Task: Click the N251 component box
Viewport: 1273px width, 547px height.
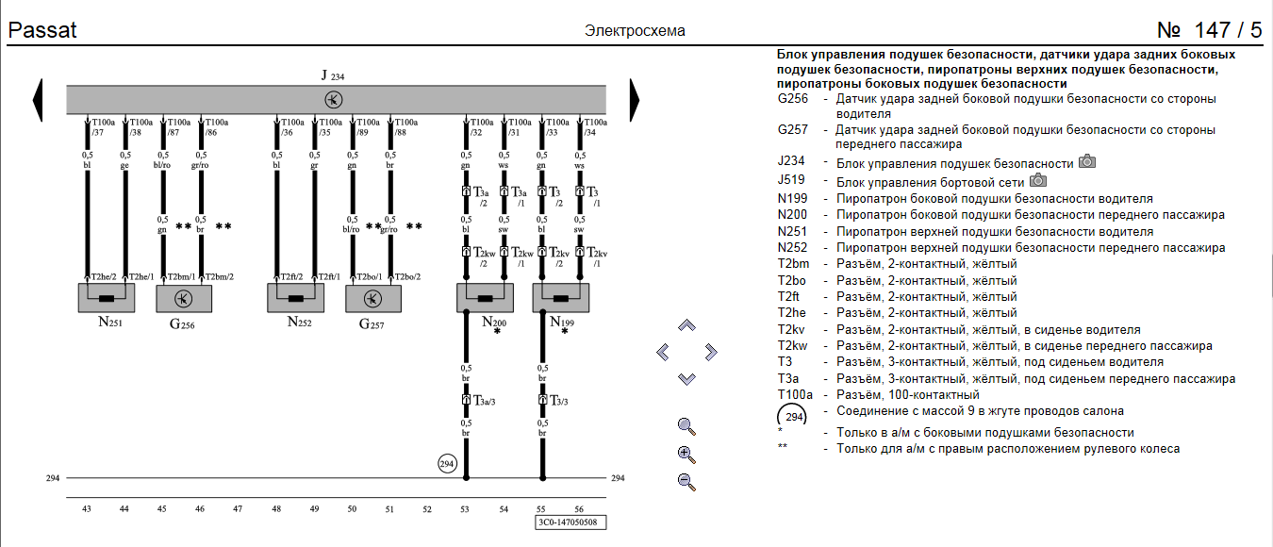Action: (106, 298)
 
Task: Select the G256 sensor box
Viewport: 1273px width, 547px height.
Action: (184, 298)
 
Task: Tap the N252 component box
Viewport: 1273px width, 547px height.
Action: (296, 298)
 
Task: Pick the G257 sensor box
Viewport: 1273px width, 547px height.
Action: (373, 298)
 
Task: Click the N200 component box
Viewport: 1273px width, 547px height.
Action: (485, 298)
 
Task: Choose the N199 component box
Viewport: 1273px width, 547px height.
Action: (561, 298)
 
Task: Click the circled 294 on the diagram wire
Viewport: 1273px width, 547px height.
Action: (447, 463)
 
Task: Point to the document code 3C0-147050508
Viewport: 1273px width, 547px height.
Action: (570, 521)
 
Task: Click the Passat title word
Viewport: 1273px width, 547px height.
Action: (42, 30)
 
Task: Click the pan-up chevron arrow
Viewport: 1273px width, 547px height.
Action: (686, 325)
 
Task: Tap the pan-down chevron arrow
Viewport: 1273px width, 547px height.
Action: (686, 378)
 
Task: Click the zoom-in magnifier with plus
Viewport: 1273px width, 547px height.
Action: (686, 454)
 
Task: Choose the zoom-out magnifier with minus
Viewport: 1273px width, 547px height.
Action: (686, 482)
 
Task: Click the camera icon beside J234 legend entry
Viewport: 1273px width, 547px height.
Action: (1086, 162)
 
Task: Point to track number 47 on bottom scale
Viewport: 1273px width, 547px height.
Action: (237, 509)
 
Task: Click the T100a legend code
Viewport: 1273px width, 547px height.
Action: (794, 394)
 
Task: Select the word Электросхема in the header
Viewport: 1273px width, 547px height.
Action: (635, 31)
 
